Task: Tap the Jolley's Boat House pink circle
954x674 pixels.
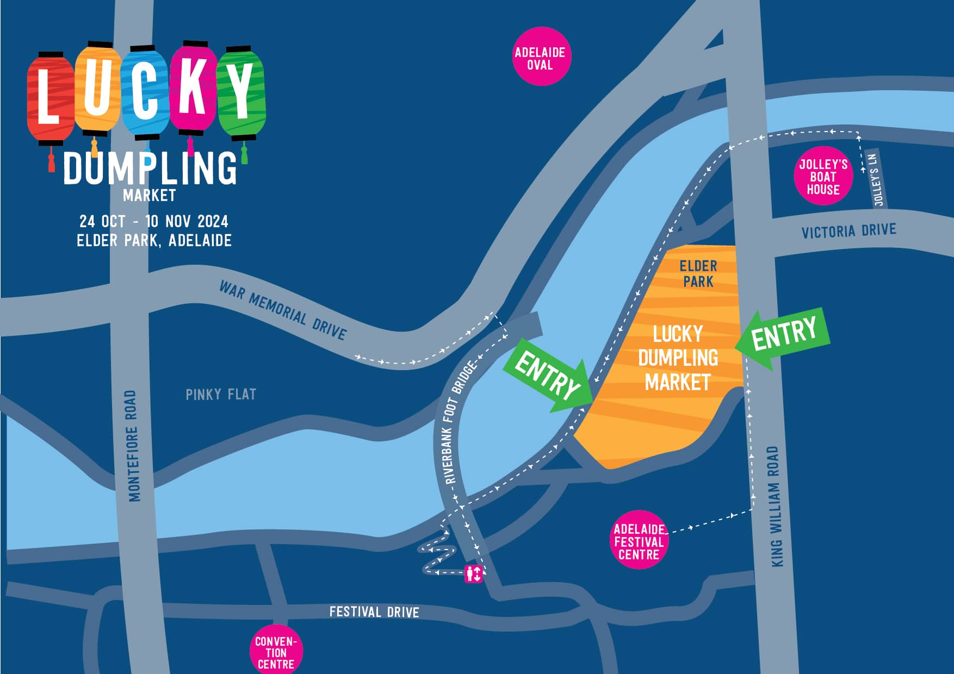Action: coord(823,176)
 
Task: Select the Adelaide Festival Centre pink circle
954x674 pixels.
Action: coord(639,541)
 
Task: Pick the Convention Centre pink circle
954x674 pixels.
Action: coord(276,652)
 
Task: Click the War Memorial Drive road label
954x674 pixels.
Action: coord(282,310)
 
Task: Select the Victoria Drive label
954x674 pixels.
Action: coord(848,231)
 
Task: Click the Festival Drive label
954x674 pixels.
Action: coord(374,612)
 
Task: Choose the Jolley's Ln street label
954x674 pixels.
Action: coord(875,179)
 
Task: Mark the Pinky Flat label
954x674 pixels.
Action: coord(221,394)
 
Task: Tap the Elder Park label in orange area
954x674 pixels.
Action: coord(698,273)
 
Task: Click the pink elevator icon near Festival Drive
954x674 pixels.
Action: coord(473,573)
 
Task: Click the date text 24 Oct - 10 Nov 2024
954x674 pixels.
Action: coord(154,221)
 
